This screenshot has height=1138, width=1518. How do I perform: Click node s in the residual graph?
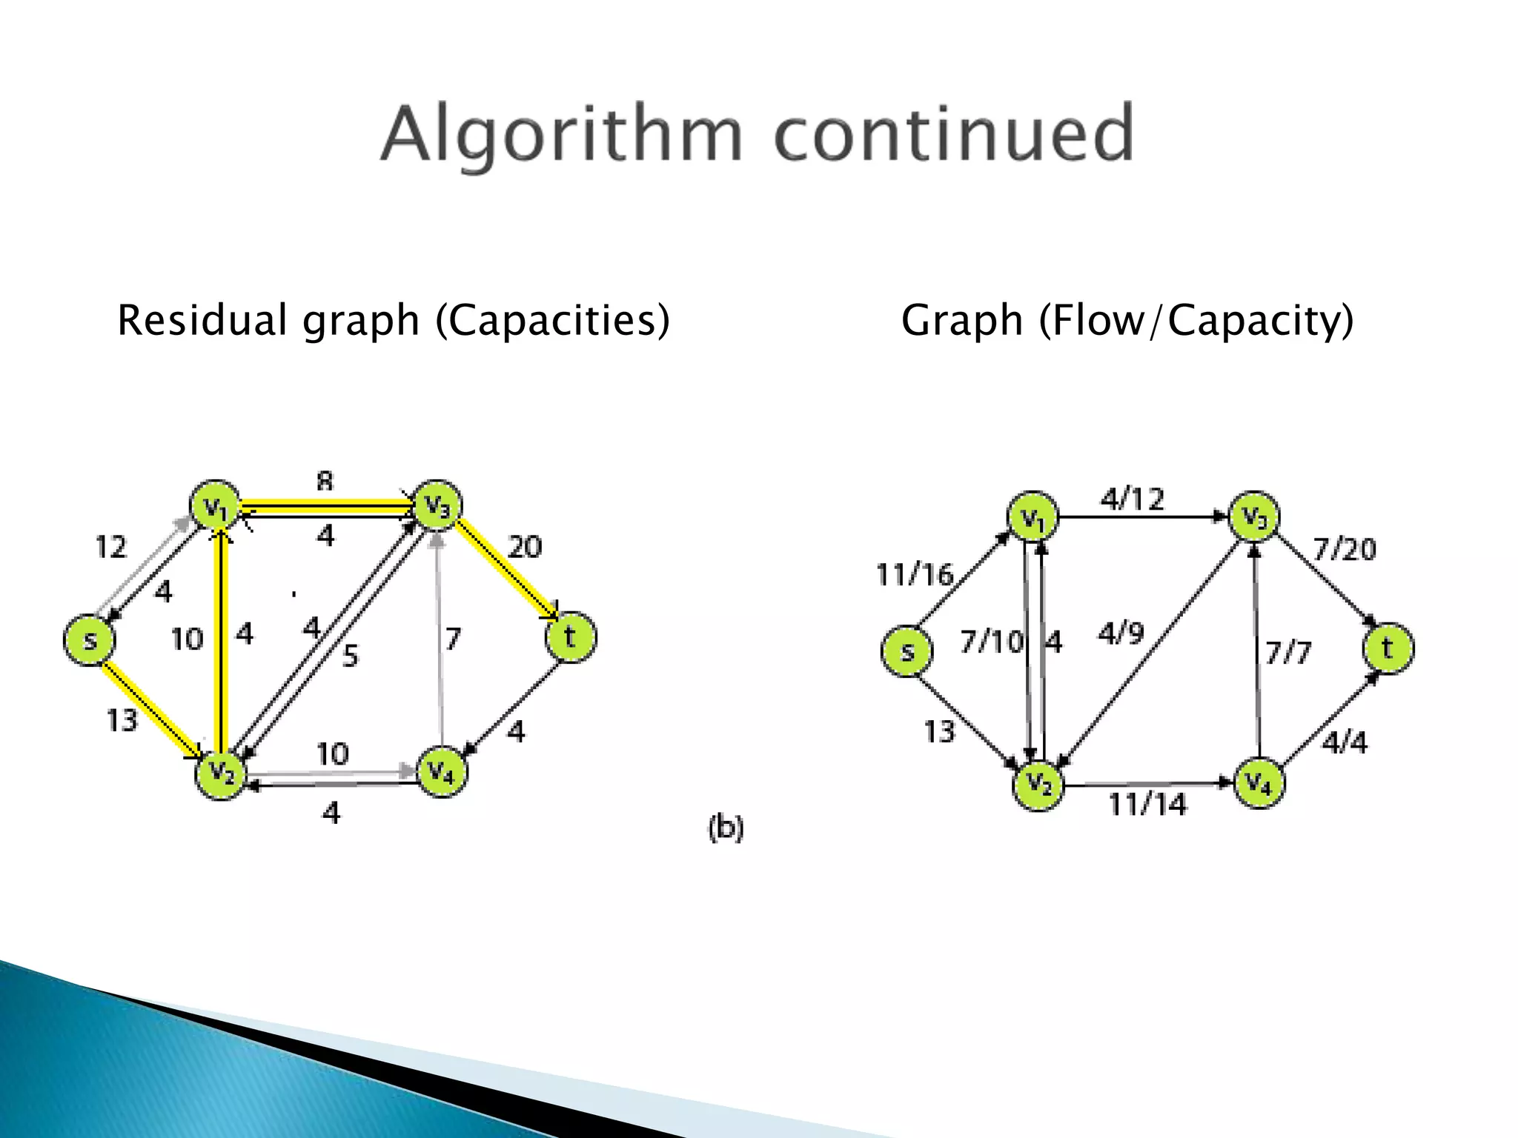(89, 639)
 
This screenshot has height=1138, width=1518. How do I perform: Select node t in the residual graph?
(570, 636)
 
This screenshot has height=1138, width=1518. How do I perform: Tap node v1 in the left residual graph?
(215, 506)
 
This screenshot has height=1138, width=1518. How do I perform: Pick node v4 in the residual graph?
(443, 771)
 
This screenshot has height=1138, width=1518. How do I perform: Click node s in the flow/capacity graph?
(907, 651)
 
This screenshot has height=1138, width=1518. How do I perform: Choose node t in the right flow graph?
(1388, 648)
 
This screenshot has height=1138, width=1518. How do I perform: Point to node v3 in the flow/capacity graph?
(1254, 516)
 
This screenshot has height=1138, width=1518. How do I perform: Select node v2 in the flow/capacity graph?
(1038, 785)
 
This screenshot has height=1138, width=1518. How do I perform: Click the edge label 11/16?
(914, 574)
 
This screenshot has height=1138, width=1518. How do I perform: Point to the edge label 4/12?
(1132, 499)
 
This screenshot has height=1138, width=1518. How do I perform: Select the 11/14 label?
(1147, 804)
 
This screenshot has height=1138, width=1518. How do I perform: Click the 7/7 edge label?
(1288, 653)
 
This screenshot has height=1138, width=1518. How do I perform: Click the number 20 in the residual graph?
(525, 547)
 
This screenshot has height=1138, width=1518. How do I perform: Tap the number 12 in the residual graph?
(111, 547)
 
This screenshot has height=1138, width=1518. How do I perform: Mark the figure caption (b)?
(726, 827)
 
